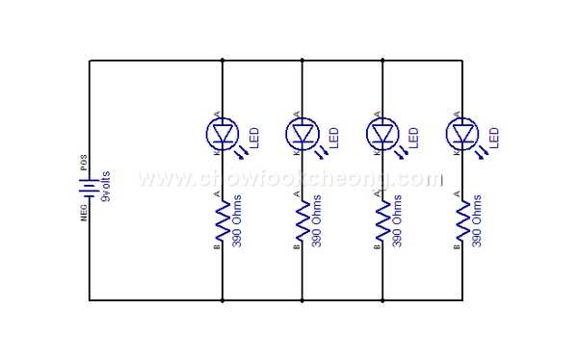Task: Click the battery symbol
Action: (x=90, y=181)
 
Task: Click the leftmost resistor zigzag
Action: (x=223, y=220)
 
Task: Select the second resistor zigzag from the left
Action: (x=302, y=220)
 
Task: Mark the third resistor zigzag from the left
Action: (x=383, y=220)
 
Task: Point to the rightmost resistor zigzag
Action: (x=463, y=220)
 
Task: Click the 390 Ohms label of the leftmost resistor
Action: (x=238, y=223)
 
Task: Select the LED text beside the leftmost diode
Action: (x=253, y=137)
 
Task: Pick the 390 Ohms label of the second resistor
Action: (x=318, y=223)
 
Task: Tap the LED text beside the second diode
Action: (x=333, y=137)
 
